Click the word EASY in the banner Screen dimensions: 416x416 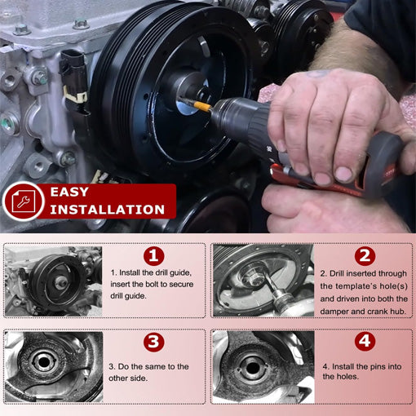click(76, 193)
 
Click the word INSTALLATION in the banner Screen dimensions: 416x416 click(108, 210)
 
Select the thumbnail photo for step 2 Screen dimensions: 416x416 click(262, 280)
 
